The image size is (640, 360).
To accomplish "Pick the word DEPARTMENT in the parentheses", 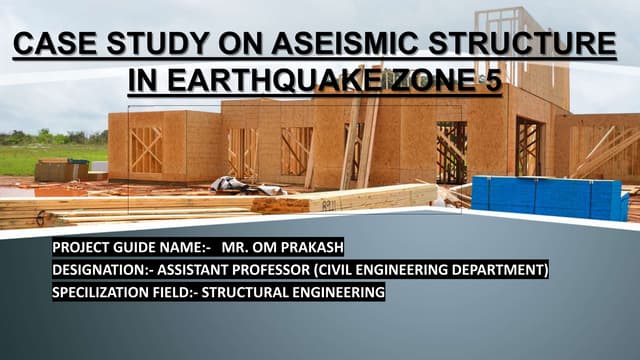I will pyautogui.click(x=490, y=270).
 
